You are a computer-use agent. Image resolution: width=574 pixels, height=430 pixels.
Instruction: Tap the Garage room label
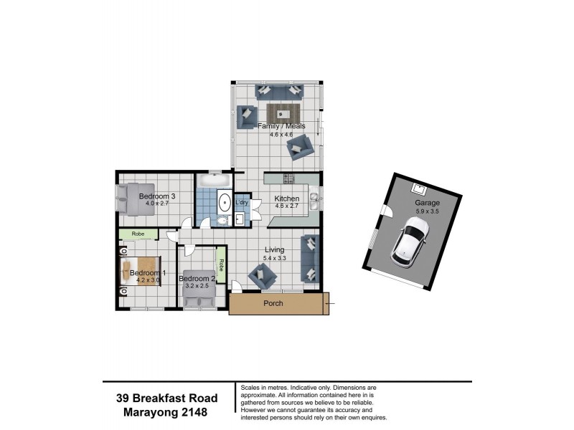coord(426,203)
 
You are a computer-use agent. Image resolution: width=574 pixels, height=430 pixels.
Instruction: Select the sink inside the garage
coord(419,188)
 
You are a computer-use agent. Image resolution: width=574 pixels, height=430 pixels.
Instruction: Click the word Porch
coord(273,303)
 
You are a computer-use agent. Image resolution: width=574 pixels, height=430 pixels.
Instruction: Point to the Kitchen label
coord(286,199)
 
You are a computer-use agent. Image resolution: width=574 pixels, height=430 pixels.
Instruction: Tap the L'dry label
coord(242,203)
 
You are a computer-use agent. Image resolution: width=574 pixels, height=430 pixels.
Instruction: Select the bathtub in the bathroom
coord(213,180)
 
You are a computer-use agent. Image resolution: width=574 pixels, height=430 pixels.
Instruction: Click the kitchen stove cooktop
coord(289,178)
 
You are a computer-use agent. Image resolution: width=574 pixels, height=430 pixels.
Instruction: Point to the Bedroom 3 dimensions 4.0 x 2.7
coord(156,204)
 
